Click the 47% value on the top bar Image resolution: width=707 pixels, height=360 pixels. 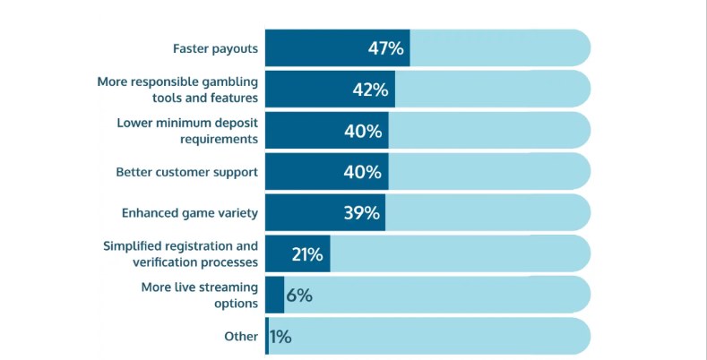(x=385, y=48)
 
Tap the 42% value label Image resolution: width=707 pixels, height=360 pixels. (x=370, y=90)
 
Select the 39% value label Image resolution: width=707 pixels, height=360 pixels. (x=362, y=213)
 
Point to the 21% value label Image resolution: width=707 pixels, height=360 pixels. (x=306, y=254)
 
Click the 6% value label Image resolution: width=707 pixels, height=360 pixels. (x=298, y=295)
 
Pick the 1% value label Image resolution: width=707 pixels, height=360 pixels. (x=280, y=337)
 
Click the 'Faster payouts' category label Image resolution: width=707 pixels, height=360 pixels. (x=215, y=48)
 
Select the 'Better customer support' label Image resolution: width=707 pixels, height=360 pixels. (x=187, y=172)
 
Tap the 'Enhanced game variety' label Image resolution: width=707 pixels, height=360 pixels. (x=190, y=213)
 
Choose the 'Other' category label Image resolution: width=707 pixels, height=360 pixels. (x=241, y=337)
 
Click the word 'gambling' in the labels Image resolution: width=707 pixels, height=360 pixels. (x=229, y=81)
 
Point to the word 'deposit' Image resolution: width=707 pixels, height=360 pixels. (x=235, y=123)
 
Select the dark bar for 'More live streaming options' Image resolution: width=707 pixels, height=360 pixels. (x=274, y=295)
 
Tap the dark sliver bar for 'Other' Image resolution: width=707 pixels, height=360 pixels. (x=267, y=337)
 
